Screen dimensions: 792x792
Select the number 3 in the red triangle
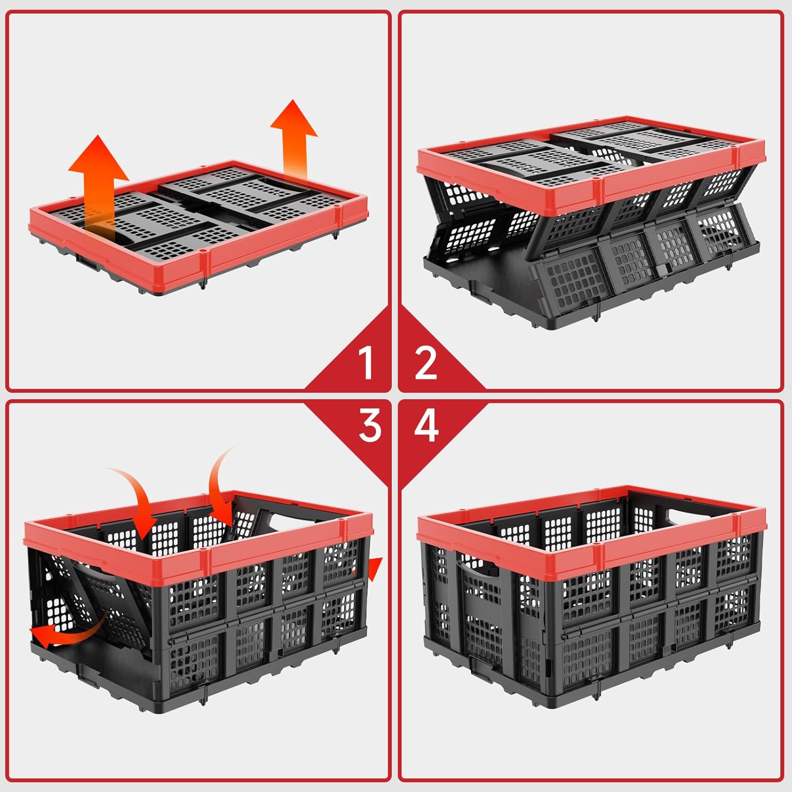tap(370, 425)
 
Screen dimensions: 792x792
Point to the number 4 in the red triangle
tap(426, 425)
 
